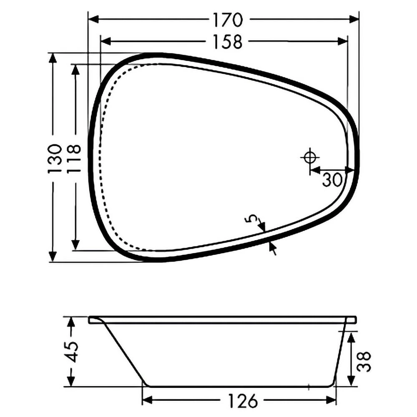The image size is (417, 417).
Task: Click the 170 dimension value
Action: pos(228,20)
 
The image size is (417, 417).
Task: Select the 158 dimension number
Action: pos(228,42)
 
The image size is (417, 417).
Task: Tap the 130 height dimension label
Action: pos(55,159)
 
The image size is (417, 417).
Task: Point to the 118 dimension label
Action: pos(73,159)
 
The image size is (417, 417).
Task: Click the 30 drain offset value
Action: pos(332,180)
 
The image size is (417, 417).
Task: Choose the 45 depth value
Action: pos(72,352)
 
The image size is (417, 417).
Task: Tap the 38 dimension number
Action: pos(364,362)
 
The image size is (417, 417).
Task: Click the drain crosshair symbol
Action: pos(310,158)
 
